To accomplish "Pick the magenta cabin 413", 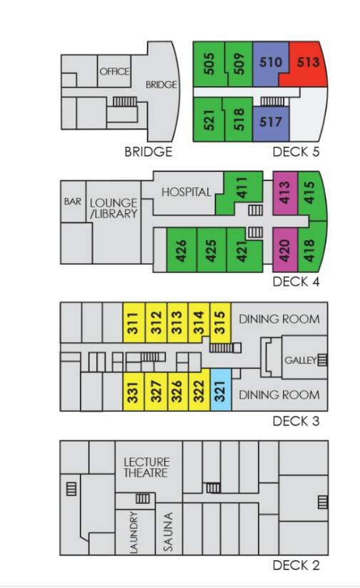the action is click(285, 192).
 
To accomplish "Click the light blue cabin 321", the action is click(221, 390).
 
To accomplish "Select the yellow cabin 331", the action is click(133, 392).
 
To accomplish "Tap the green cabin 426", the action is click(181, 250).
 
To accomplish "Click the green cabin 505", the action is click(209, 63).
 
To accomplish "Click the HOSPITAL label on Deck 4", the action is click(186, 192).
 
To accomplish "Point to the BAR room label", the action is click(73, 202).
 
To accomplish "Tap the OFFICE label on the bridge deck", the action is click(114, 71).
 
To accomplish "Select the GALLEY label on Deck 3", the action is click(301, 361).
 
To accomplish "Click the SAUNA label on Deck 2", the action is click(168, 532).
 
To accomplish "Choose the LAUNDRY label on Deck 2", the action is click(133, 532).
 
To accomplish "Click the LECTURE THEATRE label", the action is click(146, 468).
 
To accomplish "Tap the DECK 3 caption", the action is click(296, 421).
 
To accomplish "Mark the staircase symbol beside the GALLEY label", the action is click(322, 360).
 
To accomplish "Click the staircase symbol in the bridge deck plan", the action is click(125, 101).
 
